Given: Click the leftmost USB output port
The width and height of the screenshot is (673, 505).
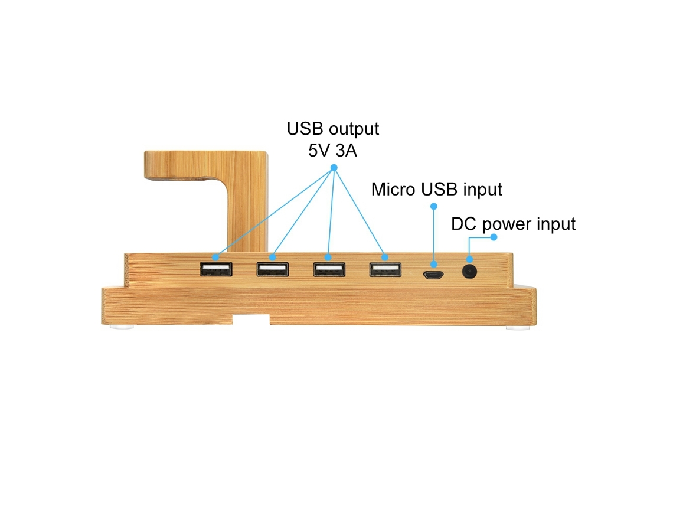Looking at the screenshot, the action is coord(216,269).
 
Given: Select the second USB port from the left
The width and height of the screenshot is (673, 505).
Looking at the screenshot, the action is coord(273,269).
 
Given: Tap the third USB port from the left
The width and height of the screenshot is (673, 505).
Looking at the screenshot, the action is coord(329,270).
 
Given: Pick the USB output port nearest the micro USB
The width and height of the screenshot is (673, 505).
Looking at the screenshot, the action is coord(385,270).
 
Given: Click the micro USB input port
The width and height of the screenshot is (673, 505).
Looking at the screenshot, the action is coord(433,275).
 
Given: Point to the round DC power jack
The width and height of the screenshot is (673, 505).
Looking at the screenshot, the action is coord(469,272).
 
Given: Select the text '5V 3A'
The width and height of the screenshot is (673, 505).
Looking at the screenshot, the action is coord(332,151).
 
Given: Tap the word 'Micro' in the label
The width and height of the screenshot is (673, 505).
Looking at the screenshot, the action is coord(393,190).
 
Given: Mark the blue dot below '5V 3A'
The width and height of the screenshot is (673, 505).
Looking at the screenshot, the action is coord(334,168).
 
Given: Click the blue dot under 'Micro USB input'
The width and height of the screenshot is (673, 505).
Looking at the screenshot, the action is coord(434,207).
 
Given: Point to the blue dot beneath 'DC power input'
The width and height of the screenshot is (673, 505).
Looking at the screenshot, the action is coord(494,237).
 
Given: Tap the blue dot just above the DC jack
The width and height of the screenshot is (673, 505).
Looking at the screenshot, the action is coord(469,259).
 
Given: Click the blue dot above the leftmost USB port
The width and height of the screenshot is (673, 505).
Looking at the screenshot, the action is coord(215,257).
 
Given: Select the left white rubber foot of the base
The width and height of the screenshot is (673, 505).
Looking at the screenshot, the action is coord(122,327).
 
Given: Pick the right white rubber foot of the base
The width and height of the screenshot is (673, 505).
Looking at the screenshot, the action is coord(518,328).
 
